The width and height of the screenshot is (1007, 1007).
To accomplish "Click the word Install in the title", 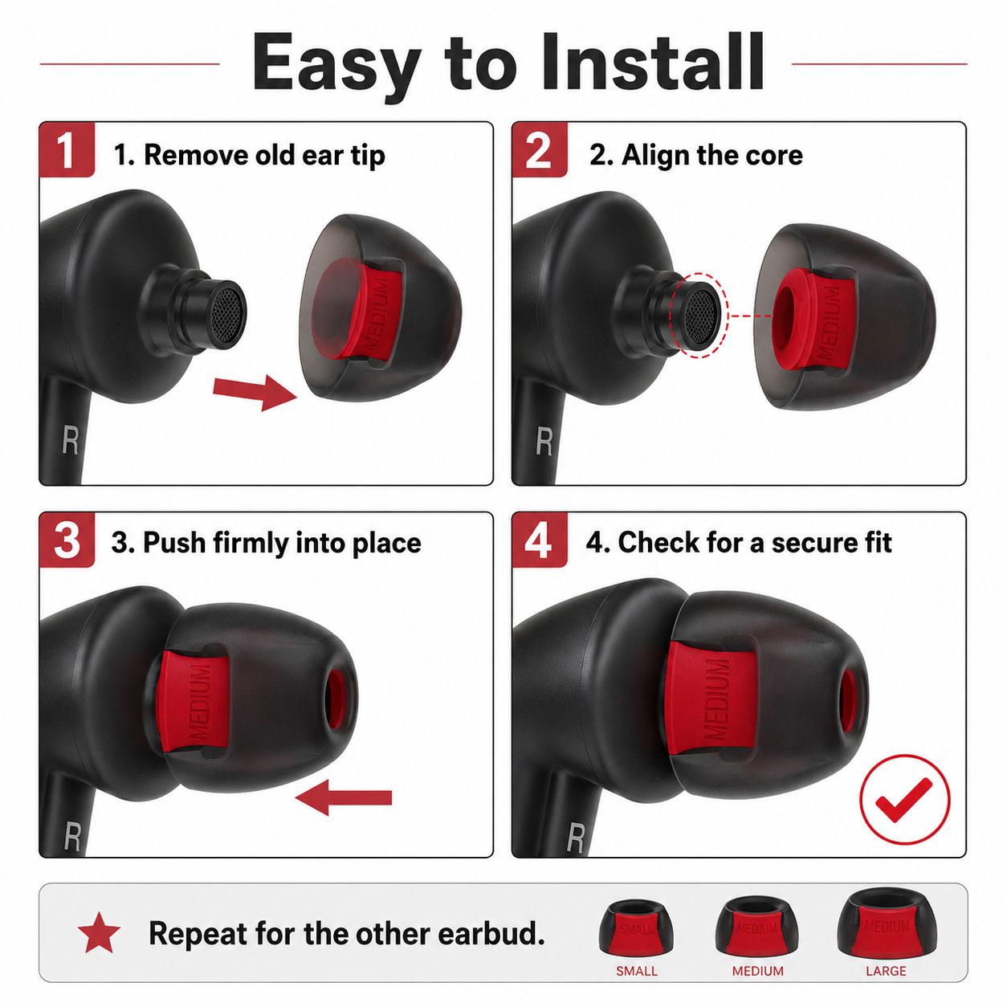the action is point(653,63).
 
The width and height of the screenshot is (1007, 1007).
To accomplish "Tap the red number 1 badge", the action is point(67,150).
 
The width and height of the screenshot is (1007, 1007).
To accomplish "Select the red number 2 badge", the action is point(540,150).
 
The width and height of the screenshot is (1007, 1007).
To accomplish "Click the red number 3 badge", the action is point(67,540).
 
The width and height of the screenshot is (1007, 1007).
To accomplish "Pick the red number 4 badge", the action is point(540,540).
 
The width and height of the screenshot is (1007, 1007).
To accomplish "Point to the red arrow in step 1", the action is point(255,391).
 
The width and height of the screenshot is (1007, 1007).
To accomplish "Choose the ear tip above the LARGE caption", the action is point(885,926).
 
